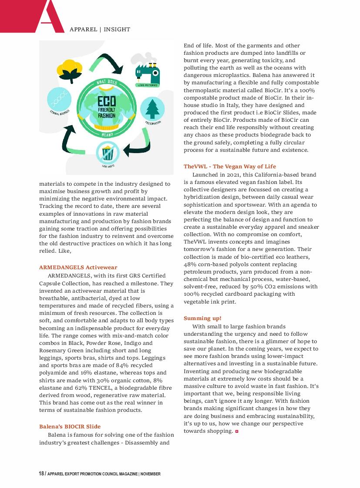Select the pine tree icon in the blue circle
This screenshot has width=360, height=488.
tap(152, 109)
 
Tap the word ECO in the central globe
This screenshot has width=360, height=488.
tap(107, 102)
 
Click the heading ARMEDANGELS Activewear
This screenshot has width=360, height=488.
tap(78, 267)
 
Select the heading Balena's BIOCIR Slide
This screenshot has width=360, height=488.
tap(70, 426)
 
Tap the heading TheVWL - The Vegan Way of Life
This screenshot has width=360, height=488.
tap(229, 167)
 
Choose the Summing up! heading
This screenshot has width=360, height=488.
tap(202, 318)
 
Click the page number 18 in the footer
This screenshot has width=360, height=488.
tap(41, 474)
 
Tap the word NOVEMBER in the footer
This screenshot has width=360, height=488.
tap(151, 474)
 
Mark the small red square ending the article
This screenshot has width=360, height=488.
tap(237, 431)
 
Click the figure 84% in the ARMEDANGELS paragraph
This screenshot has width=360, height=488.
tap(123, 365)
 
